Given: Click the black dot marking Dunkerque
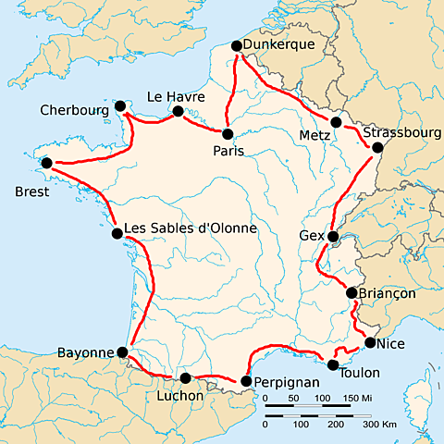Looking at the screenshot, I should click(x=236, y=46).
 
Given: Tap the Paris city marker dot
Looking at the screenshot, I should click(x=228, y=134).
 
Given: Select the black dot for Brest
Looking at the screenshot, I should click(x=46, y=164).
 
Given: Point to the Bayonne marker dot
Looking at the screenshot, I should click(x=123, y=352).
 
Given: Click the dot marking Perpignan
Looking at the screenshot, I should click(x=246, y=381).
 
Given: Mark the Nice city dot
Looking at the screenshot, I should click(x=370, y=343).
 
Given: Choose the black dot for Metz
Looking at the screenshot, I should click(x=337, y=122).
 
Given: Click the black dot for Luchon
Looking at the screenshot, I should click(x=186, y=378).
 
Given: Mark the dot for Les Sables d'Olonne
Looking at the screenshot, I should click(x=117, y=234).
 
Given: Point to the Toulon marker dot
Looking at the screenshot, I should click(x=334, y=364).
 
